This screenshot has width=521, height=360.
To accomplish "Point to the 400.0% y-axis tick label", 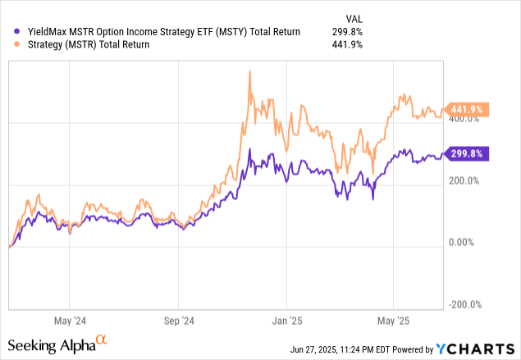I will [463, 120].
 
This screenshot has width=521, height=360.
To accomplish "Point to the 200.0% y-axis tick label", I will [463, 181].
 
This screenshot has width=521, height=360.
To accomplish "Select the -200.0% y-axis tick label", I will [464, 304].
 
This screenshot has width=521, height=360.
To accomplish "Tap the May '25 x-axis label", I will [393, 321].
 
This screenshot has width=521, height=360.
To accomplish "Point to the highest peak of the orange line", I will [249, 72].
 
